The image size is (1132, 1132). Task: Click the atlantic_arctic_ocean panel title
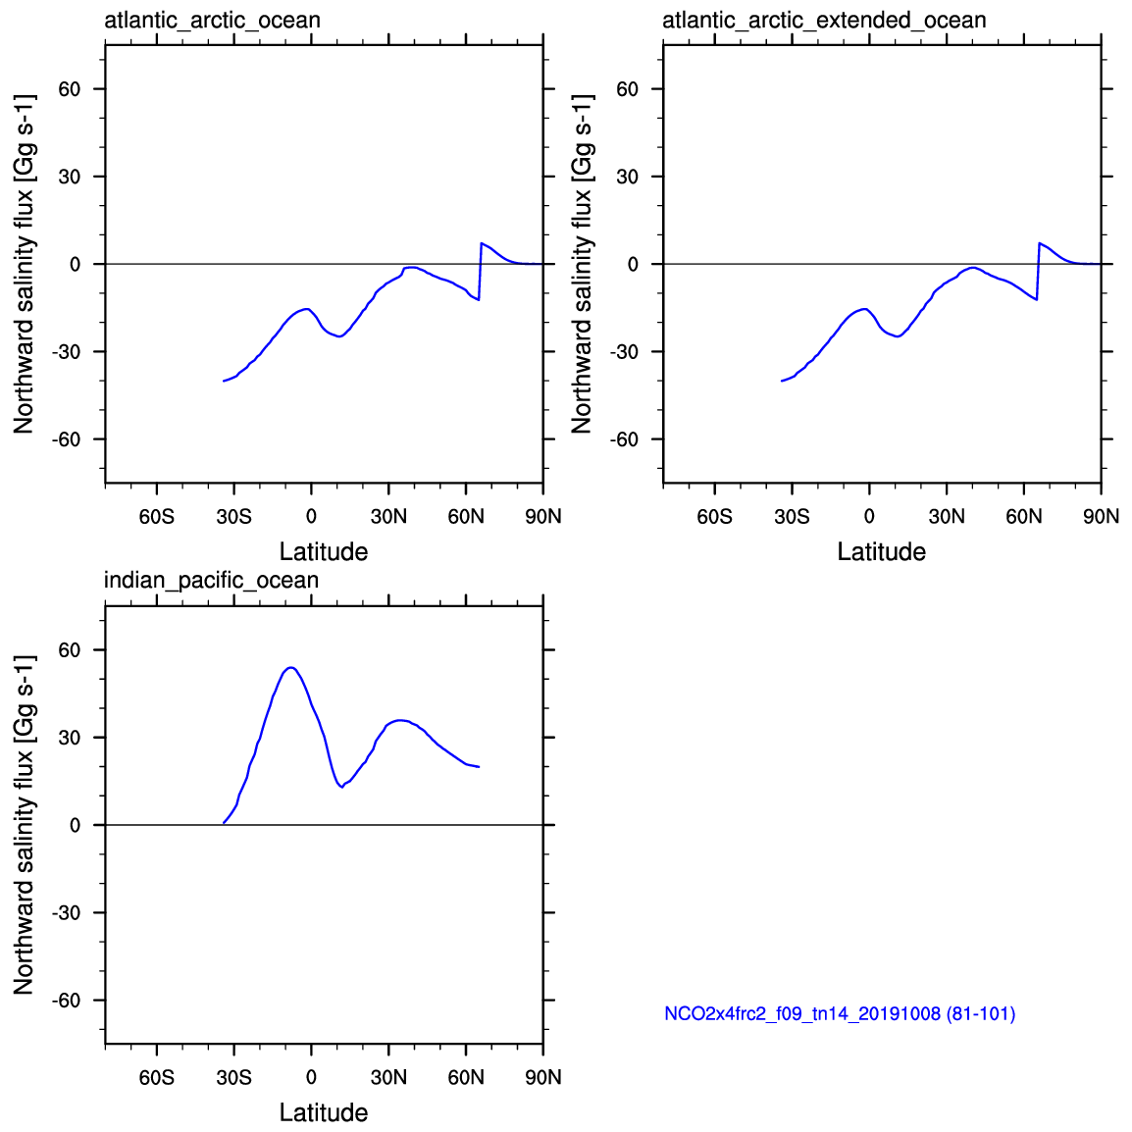click(212, 20)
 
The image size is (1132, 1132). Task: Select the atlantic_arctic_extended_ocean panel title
click(824, 20)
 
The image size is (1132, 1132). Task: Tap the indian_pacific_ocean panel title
click(211, 581)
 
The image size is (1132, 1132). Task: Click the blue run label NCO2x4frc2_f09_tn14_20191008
click(840, 1014)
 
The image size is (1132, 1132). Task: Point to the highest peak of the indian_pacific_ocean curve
click(290, 667)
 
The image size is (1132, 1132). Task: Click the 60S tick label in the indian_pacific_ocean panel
click(157, 1077)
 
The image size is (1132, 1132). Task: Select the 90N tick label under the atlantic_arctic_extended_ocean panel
click(1101, 516)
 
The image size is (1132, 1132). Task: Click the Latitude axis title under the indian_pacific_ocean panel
click(324, 1112)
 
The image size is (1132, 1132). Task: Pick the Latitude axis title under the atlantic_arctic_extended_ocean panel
click(881, 551)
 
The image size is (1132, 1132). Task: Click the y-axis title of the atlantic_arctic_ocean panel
click(24, 264)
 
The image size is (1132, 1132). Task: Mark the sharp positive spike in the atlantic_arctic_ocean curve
click(481, 243)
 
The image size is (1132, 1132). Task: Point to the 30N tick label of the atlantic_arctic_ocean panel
click(388, 516)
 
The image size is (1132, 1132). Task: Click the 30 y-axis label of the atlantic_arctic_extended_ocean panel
click(628, 177)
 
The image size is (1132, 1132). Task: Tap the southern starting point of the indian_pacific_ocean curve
click(224, 823)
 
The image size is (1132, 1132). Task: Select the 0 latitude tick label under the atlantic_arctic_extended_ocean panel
click(869, 516)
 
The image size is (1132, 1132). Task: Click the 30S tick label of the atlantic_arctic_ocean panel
click(233, 516)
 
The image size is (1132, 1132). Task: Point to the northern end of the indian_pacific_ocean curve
click(479, 767)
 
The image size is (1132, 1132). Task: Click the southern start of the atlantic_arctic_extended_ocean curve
click(782, 381)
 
